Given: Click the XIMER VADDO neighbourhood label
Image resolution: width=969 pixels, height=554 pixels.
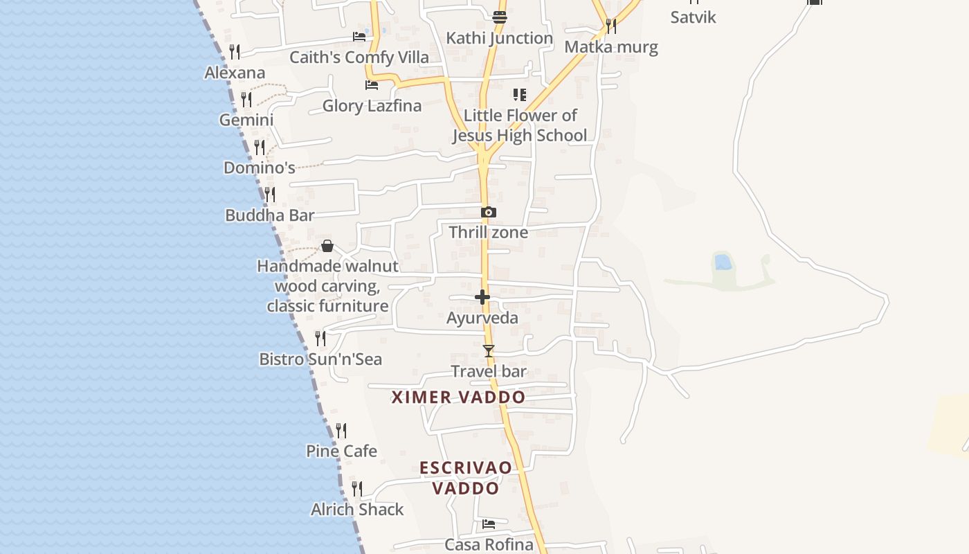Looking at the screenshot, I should tap(458, 397).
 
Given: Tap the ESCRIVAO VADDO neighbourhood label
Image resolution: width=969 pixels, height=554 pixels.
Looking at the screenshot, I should tap(466, 477).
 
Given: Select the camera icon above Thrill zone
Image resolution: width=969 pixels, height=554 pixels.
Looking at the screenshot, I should tap(488, 213).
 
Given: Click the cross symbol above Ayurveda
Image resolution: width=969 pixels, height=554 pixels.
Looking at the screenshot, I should tap(482, 297).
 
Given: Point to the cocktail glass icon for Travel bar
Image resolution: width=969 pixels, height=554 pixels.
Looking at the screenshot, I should tap(489, 351).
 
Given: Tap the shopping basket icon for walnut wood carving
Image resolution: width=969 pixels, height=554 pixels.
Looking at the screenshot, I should tap(327, 246).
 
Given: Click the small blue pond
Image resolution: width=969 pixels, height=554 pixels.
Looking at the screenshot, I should tap(723, 262).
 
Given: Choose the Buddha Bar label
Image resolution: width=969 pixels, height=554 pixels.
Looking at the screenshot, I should tap(270, 215).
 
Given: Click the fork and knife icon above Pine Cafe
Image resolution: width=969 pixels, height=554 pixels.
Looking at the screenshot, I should tap(341, 431).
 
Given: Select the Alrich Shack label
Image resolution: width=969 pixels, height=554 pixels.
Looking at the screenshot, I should tap(357, 510).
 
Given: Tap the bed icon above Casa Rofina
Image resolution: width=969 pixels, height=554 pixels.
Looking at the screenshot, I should tap(489, 524).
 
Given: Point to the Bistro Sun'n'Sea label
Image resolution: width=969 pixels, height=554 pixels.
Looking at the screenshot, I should tap(320, 359).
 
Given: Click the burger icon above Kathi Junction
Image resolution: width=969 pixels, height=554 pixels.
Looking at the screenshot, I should tap(500, 17).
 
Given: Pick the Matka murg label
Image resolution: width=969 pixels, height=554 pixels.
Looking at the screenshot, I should tap(611, 47).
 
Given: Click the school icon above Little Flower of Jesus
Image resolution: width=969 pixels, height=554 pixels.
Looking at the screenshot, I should tap(519, 95).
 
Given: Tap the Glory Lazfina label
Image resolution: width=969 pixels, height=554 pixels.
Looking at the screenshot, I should tap(372, 106).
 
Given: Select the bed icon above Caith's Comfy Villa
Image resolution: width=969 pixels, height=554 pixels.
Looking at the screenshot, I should tap(359, 37).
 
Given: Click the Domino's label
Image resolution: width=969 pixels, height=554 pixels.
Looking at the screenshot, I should tap(260, 168).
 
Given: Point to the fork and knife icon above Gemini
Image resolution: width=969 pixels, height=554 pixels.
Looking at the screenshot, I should tap(246, 99).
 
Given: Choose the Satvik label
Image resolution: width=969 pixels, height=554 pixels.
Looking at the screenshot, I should tap(693, 17).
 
